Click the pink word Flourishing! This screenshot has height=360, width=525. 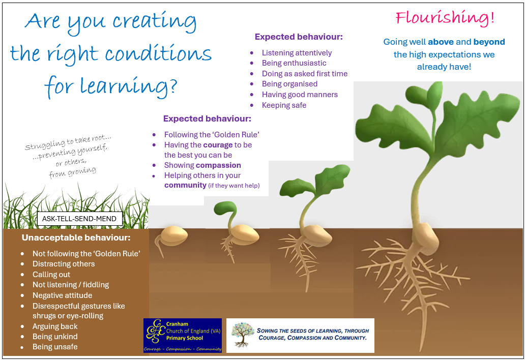point(445,18)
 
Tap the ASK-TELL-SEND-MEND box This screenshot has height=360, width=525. point(80,219)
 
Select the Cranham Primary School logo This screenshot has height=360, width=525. point(183,335)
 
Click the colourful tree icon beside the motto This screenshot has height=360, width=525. point(243,335)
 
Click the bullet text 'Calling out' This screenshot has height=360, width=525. point(51,275)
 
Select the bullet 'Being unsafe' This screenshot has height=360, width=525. point(55,347)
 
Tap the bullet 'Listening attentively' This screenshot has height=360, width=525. point(297,53)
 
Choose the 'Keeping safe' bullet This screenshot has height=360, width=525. point(284,105)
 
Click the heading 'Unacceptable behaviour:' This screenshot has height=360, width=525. point(76,237)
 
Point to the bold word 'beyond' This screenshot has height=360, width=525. point(489,42)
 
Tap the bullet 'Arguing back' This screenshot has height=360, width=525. point(55,326)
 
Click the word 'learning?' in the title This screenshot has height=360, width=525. point(128,86)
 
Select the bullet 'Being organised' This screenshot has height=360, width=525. point(289,84)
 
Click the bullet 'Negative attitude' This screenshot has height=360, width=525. point(62,295)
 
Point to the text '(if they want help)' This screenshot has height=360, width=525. point(234,186)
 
